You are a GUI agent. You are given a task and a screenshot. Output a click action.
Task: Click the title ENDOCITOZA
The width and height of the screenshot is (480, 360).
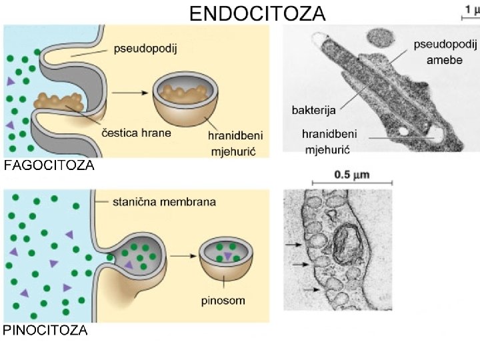[x=257, y=13]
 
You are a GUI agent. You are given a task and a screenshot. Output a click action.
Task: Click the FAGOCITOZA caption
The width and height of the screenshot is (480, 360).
[x=49, y=167]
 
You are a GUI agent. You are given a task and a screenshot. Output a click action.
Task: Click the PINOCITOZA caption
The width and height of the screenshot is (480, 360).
[x=46, y=330]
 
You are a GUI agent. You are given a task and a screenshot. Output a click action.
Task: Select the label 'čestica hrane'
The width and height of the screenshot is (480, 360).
[x=137, y=132]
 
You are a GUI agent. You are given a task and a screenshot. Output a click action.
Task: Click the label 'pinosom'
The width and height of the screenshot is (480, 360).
[x=223, y=300]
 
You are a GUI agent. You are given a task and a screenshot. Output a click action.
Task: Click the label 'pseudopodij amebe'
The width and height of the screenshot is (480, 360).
[x=446, y=51]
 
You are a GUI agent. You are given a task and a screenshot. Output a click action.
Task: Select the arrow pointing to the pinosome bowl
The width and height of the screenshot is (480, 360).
[x=183, y=254]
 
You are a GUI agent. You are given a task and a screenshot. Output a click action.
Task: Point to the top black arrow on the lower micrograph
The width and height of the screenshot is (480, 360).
[x=293, y=245]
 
